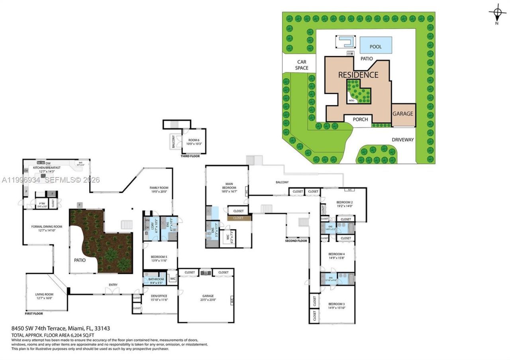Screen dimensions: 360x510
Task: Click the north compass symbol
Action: coord(497,14)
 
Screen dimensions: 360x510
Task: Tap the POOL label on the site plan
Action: coord(375,47)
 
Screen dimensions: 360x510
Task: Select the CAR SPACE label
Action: coord(302,65)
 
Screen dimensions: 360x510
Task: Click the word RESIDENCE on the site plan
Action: coord(358,75)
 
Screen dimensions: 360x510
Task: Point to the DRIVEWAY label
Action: coord(402,140)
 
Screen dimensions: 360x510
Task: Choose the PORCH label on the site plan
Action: coord(360,119)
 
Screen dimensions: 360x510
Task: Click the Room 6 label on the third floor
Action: coord(193,141)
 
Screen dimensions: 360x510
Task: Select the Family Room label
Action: coord(159,189)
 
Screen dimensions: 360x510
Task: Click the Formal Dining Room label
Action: coord(47,228)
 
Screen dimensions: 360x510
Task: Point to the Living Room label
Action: coord(44,296)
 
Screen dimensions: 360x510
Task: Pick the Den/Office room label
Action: coord(159,297)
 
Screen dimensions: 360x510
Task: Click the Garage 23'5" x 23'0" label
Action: coord(208,298)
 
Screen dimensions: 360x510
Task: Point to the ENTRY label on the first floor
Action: coord(113,284)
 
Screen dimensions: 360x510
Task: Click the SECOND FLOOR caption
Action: coord(296,241)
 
